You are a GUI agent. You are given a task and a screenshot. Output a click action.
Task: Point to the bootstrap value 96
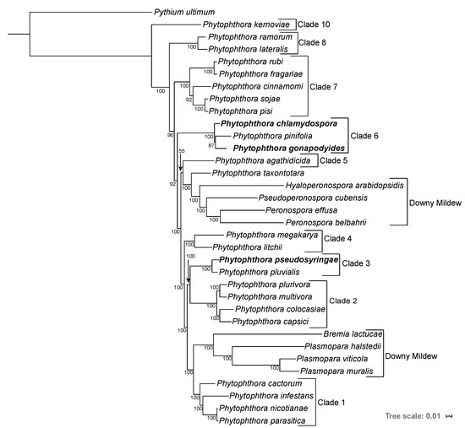tap(170, 135)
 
